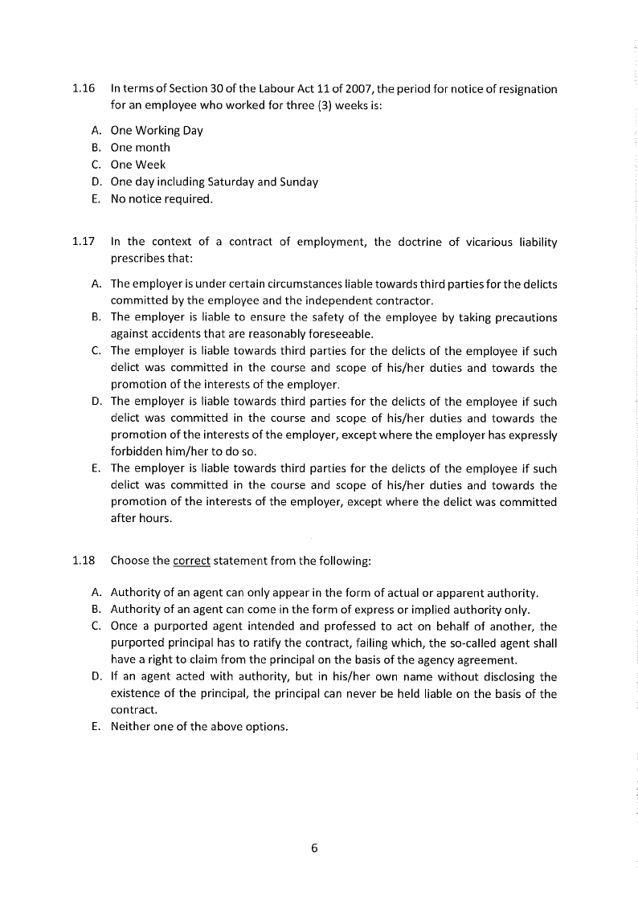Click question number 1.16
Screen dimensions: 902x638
pos(84,88)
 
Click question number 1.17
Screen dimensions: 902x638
pos(84,242)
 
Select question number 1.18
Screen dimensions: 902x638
pos(84,561)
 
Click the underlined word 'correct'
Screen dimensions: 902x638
pos(191,561)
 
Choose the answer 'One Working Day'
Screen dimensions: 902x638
pos(157,130)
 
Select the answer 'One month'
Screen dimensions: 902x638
pos(141,147)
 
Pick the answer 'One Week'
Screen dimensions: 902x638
pos(138,165)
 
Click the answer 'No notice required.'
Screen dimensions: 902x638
pos(162,198)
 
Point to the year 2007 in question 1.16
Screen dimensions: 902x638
pos(354,88)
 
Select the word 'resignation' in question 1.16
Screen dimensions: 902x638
pos(526,88)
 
